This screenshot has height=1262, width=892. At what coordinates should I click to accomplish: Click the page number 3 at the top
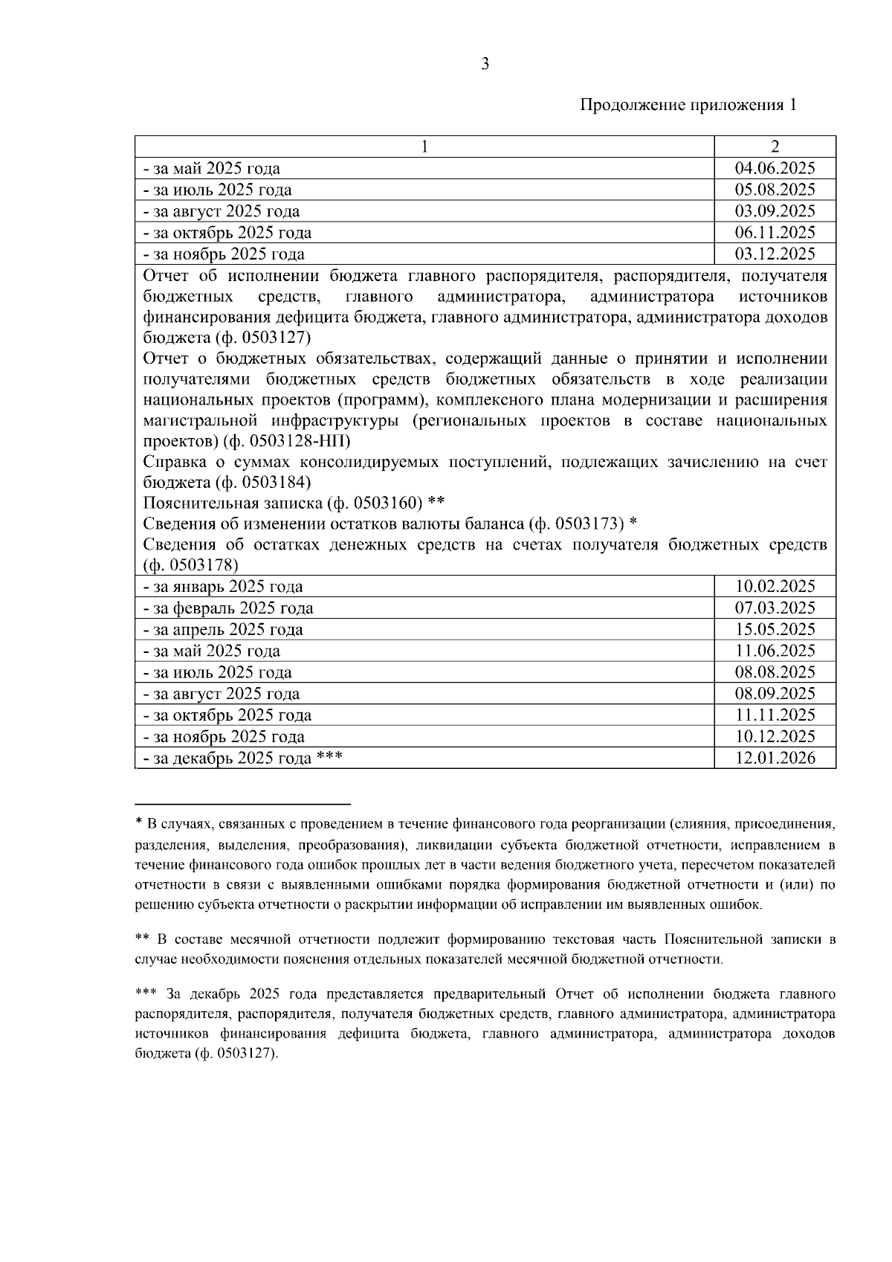pyautogui.click(x=485, y=65)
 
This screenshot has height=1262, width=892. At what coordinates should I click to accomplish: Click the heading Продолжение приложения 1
pyautogui.click(x=688, y=105)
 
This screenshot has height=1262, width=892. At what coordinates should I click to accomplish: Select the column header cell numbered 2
pyautogui.click(x=775, y=147)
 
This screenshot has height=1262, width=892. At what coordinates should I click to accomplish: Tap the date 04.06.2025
pyautogui.click(x=775, y=168)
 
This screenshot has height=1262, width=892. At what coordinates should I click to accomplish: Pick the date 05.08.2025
pyautogui.click(x=775, y=190)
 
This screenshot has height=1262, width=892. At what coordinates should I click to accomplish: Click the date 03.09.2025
pyautogui.click(x=775, y=211)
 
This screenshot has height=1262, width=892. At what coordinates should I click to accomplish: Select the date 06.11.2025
pyautogui.click(x=775, y=233)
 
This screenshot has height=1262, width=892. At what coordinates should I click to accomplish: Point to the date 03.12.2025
pyautogui.click(x=775, y=254)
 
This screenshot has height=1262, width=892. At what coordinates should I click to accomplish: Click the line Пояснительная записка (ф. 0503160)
pyautogui.click(x=293, y=503)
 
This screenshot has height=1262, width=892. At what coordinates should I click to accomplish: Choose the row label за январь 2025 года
pyautogui.click(x=223, y=587)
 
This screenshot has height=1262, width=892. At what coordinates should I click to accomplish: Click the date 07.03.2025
pyautogui.click(x=775, y=608)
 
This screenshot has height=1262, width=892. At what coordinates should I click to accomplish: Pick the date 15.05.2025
pyautogui.click(x=775, y=630)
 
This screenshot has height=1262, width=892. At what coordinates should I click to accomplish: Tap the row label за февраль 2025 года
pyautogui.click(x=228, y=608)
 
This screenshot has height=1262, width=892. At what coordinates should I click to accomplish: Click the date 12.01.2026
pyautogui.click(x=775, y=759)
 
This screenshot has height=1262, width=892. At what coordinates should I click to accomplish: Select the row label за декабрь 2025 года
pyautogui.click(x=232, y=759)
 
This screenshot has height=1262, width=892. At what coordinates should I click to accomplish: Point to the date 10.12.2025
pyautogui.click(x=775, y=737)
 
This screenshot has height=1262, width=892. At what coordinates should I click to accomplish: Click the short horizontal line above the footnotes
pyautogui.click(x=242, y=804)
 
